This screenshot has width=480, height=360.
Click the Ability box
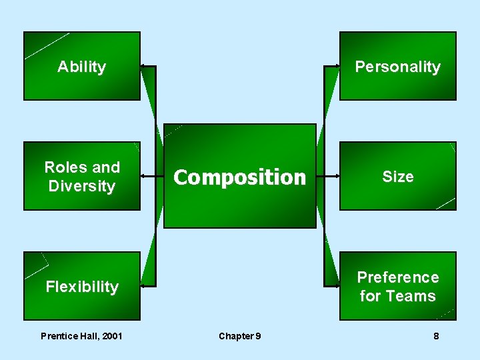[82, 66]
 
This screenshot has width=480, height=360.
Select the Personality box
[397, 66]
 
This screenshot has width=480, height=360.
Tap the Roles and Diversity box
[82, 176]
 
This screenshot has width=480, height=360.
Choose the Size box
[397, 176]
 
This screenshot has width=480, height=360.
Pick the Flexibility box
[82, 287]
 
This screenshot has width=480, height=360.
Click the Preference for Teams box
[397, 287]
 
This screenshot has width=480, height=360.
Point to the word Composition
[239, 177]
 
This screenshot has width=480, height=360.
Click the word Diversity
[82, 186]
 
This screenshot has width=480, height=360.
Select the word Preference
[398, 277]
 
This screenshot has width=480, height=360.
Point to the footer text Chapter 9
[240, 336]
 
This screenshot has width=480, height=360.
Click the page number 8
[436, 336]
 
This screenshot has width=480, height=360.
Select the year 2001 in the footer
[109, 336]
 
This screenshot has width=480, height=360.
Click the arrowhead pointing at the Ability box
[143, 67]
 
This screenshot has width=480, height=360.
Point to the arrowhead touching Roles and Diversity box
[143, 177]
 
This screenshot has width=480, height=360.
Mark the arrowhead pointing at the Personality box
[336, 67]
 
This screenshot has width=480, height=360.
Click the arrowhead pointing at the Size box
[336, 177]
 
